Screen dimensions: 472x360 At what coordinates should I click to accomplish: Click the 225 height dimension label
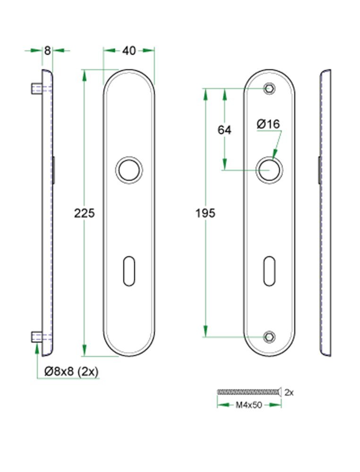coord(85,213)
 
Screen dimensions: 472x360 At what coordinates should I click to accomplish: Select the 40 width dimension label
coord(129,51)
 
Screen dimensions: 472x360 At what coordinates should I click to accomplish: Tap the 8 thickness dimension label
coord(47,51)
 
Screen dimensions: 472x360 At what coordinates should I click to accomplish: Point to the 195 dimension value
coord(205,213)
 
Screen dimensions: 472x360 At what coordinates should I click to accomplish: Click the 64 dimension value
coord(224,130)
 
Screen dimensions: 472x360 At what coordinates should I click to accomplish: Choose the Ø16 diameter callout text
coord(268,124)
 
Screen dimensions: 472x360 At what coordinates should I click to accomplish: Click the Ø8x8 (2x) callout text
coord(71,371)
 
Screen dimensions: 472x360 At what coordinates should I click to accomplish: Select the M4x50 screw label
coord(249,405)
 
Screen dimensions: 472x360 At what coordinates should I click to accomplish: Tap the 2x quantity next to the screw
coord(290,392)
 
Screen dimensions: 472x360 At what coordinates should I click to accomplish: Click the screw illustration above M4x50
coord(249,392)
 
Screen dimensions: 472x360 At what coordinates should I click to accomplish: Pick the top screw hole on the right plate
coord(269,88)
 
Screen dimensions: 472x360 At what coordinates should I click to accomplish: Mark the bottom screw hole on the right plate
coord(269,337)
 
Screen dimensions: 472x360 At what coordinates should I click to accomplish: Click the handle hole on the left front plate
coord(129,170)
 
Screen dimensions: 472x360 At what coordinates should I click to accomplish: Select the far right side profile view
coord(326,212)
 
